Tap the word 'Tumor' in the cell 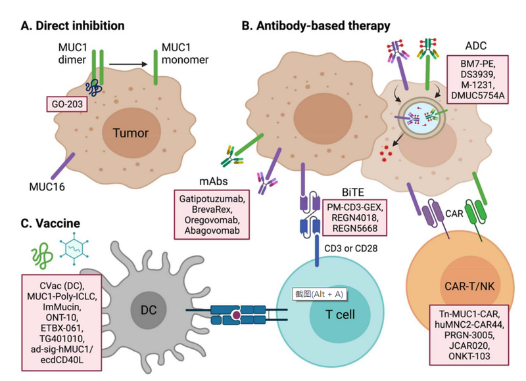point(131,133)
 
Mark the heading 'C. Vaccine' point(52,224)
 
